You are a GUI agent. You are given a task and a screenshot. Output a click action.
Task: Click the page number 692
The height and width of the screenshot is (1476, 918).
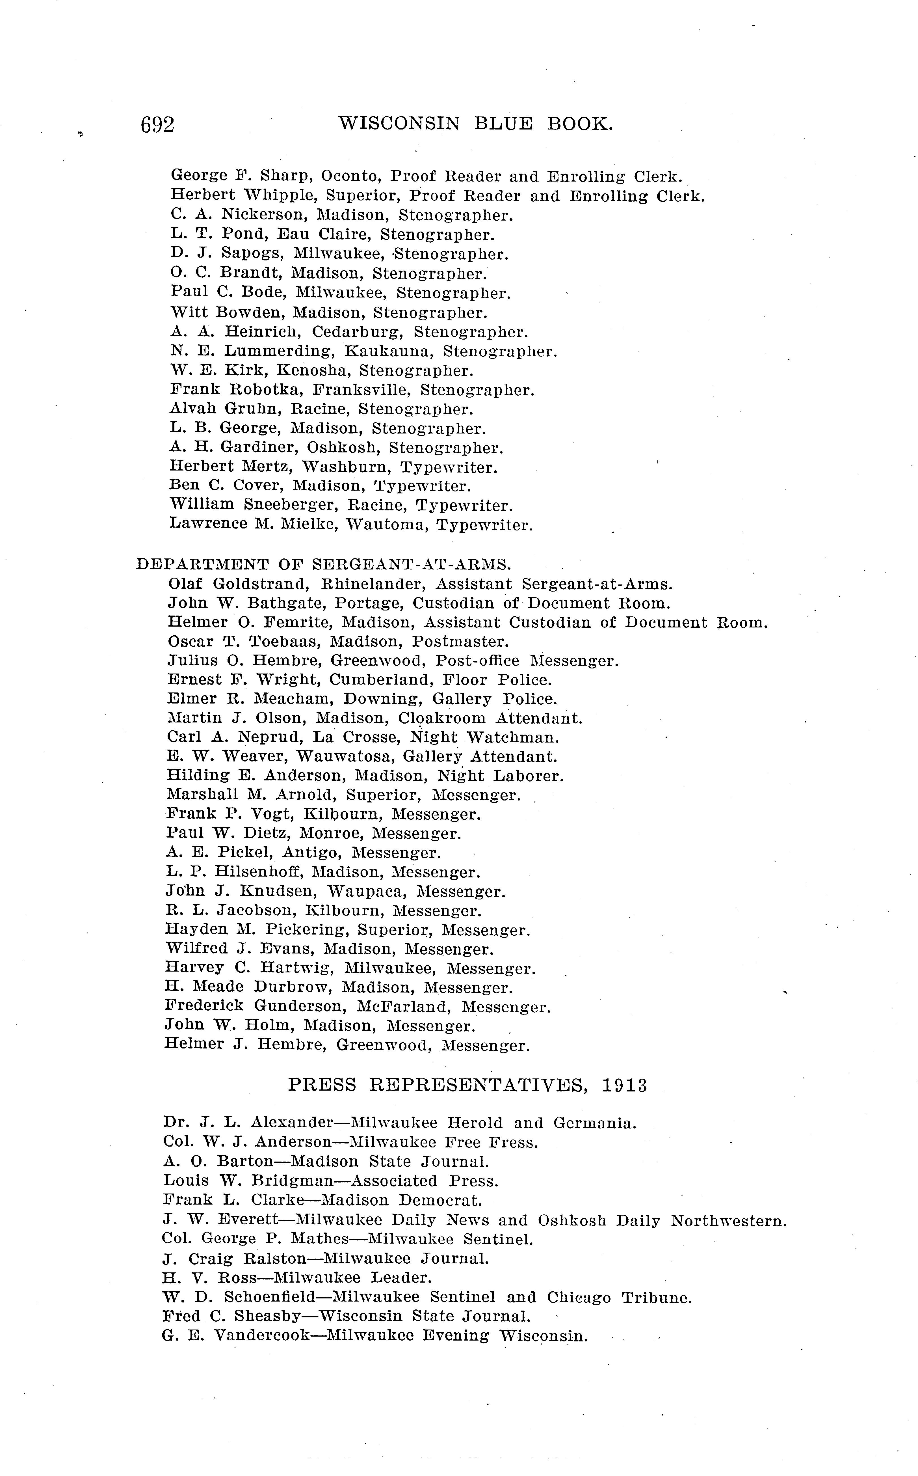tap(157, 124)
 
